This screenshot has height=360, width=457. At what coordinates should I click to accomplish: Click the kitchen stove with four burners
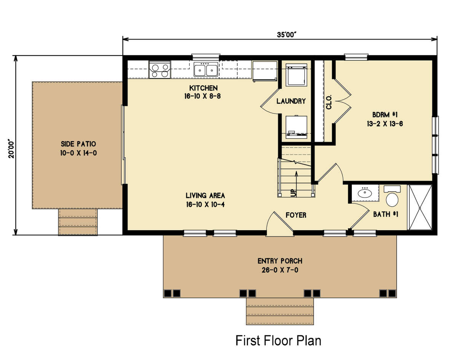(160, 70)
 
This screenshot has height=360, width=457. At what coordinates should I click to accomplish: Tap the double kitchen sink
(206, 70)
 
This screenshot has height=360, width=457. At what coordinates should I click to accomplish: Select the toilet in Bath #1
(392, 198)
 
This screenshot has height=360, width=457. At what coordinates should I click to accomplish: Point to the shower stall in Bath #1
(420, 207)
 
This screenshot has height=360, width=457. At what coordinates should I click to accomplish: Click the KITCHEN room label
(202, 88)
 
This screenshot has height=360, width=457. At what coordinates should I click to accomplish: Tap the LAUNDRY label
(291, 101)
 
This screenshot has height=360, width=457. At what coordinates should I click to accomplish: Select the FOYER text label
(296, 215)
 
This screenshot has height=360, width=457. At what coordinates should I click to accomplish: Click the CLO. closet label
(329, 102)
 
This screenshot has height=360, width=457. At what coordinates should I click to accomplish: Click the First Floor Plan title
(278, 340)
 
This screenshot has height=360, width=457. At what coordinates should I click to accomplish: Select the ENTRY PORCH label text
(280, 261)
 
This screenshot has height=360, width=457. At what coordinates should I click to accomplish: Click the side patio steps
(78, 222)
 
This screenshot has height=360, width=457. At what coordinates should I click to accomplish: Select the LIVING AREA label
(205, 196)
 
